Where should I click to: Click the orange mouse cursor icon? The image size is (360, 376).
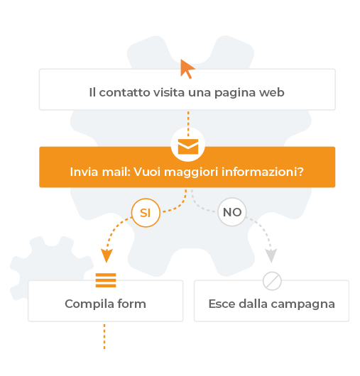point(187,68)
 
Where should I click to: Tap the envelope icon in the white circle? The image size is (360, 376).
point(188,147)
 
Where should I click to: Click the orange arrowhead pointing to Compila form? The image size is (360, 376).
point(107,255)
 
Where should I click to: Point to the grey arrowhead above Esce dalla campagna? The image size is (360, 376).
point(271,255)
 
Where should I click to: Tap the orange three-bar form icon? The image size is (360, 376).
point(106,280)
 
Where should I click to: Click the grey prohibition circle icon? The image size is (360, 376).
point(272,281)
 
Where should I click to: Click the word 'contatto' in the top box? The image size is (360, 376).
point(125,92)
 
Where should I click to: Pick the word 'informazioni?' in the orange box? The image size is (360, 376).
point(263,172)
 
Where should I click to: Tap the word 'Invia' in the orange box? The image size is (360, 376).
point(84,172)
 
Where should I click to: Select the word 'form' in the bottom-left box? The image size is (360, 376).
point(132,304)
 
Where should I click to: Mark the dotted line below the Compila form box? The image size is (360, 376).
point(104,336)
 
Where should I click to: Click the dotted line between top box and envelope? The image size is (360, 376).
point(188,123)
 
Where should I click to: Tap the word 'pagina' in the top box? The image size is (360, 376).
point(235,93)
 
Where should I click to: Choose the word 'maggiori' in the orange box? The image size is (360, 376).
point(191,172)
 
